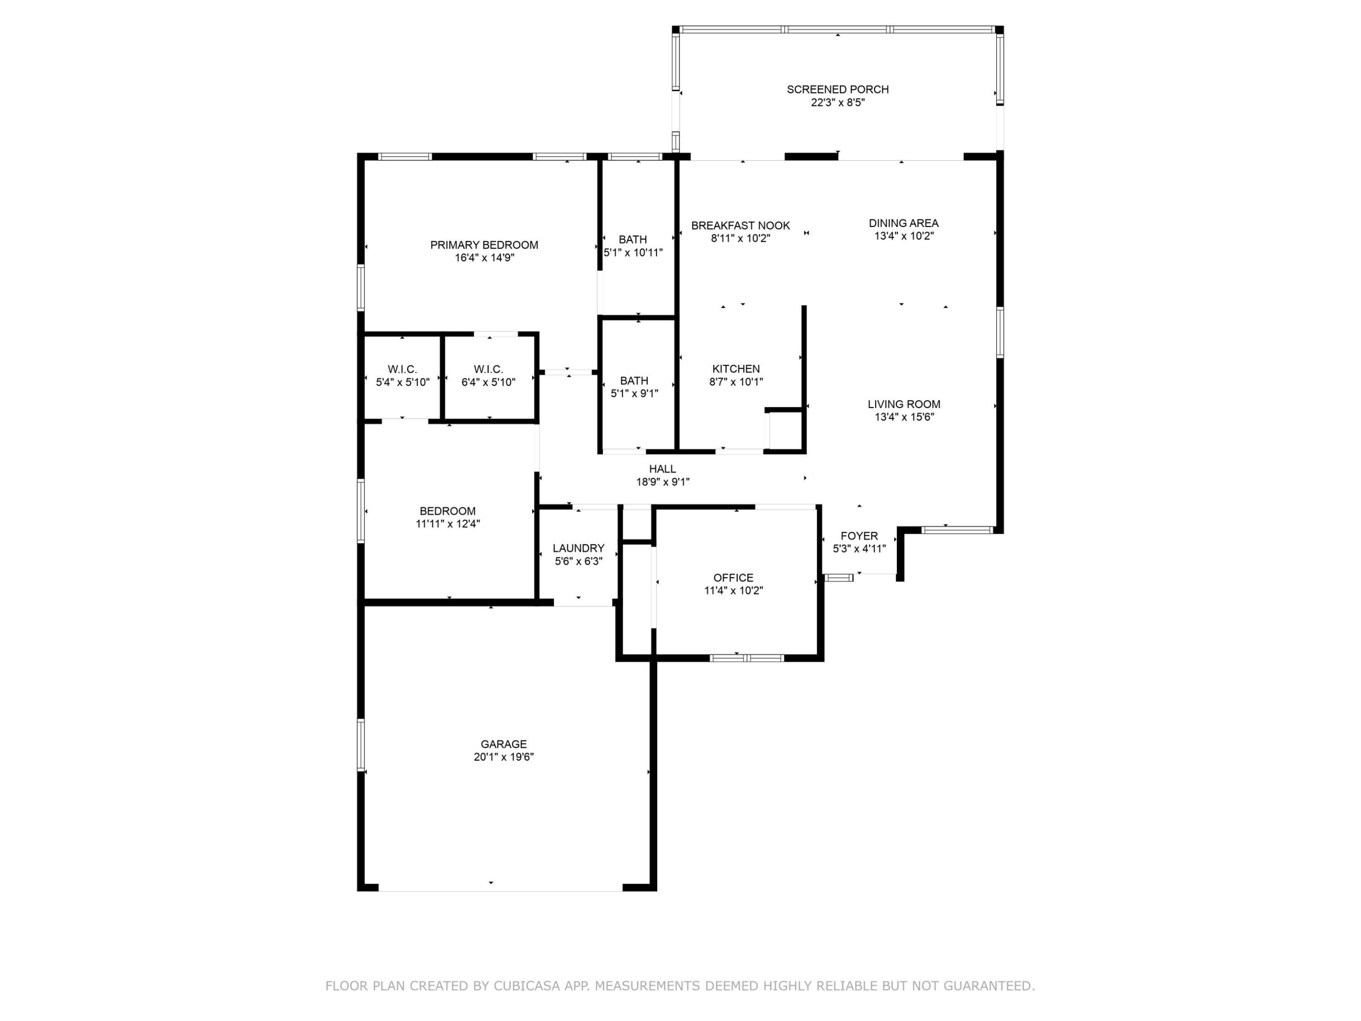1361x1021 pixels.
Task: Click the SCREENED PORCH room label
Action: tap(837, 89)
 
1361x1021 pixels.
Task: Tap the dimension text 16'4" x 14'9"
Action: tap(484, 258)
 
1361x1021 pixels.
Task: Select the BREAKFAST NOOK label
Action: tap(740, 225)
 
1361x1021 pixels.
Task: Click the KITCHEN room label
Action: tap(736, 369)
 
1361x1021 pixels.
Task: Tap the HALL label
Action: tap(662, 469)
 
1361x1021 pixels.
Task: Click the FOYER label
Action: tap(859, 536)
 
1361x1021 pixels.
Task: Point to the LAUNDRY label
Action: tap(578, 548)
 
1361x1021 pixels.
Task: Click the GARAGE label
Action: tap(503, 744)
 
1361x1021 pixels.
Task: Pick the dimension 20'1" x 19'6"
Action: tap(503, 757)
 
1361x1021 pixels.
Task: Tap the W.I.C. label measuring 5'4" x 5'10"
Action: tap(403, 369)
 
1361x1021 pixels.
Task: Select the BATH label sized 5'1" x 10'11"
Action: tap(632, 239)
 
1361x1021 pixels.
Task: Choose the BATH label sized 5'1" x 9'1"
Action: tap(634, 381)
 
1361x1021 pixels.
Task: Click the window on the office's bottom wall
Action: tap(746, 658)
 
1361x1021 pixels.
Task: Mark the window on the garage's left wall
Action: tap(361, 744)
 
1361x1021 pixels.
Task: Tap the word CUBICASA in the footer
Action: tap(526, 986)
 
